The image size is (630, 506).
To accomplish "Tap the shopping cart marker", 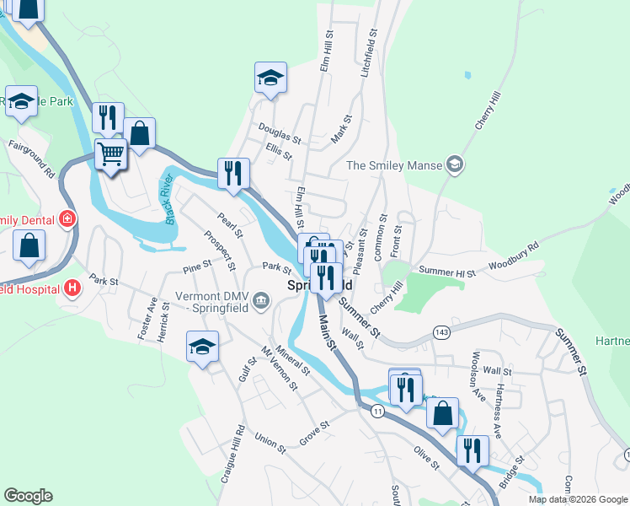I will (x=111, y=154).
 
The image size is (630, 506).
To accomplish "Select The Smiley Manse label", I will (x=395, y=165).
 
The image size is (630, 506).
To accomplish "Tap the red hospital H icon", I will (x=73, y=288).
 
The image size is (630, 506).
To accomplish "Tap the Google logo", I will (x=28, y=496).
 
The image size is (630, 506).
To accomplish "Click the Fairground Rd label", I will (x=33, y=158).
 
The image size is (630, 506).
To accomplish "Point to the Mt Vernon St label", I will (x=280, y=369).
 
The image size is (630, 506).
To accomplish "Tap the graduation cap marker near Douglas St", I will (x=271, y=78).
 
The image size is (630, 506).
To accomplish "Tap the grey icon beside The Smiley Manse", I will (x=455, y=164).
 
